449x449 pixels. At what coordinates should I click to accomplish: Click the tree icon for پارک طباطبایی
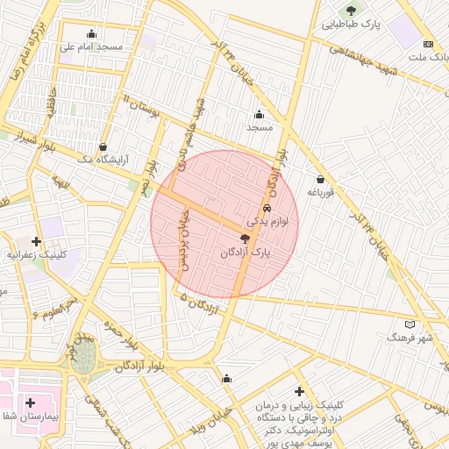(352, 11)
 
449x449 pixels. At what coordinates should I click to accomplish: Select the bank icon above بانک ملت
(428, 44)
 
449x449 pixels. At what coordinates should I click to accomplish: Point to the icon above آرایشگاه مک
(104, 146)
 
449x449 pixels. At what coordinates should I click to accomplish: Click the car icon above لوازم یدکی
(267, 209)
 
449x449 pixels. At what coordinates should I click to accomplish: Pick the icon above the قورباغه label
(320, 179)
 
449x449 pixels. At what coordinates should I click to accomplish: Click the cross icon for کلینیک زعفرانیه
(36, 240)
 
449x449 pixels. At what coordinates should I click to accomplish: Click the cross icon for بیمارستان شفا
(30, 403)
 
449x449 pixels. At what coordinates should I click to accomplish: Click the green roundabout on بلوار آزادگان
(84, 359)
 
